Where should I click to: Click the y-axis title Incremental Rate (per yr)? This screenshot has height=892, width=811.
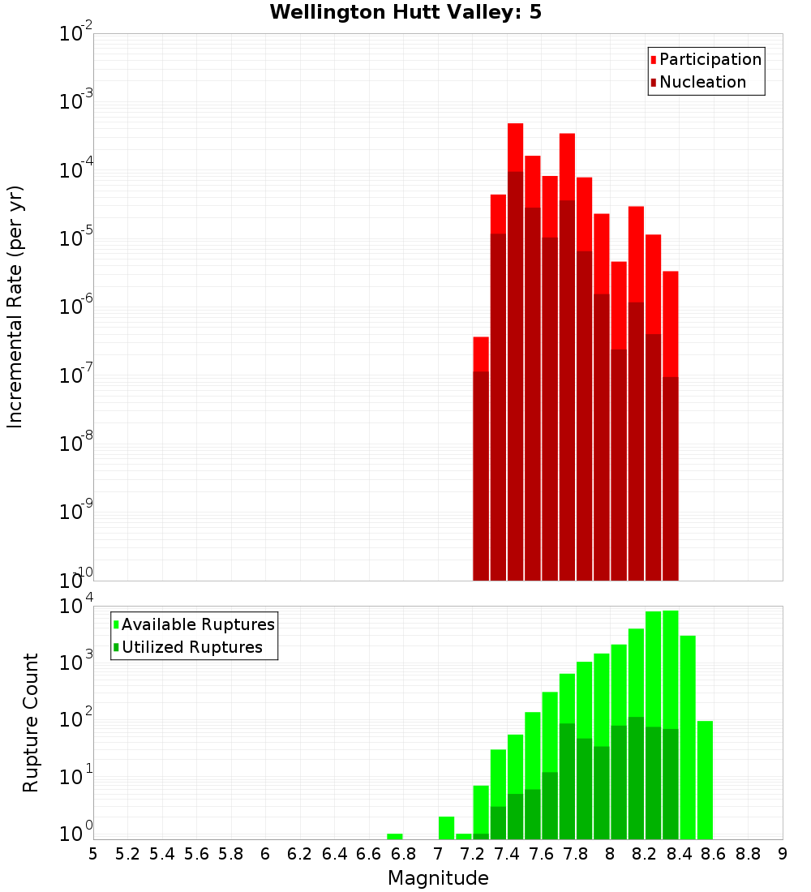(x=15, y=307)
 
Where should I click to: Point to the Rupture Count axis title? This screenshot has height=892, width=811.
(x=31, y=723)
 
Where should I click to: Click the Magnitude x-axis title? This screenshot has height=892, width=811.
(x=438, y=878)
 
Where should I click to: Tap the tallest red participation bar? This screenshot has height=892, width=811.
(x=515, y=146)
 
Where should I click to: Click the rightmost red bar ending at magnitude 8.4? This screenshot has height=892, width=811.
(x=670, y=324)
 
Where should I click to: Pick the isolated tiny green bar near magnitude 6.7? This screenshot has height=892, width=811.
(x=395, y=836)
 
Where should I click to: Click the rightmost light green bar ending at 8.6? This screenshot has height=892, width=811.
(x=705, y=778)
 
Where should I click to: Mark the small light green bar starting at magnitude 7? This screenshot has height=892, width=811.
(x=446, y=828)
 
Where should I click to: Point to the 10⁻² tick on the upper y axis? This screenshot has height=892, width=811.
(x=76, y=34)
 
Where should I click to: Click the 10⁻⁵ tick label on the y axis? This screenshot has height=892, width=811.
(x=76, y=239)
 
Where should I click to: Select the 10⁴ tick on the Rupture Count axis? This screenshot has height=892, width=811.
(x=76, y=607)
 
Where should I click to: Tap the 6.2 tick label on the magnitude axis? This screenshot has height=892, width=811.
(x=300, y=854)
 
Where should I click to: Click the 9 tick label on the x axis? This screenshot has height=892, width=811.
(x=783, y=854)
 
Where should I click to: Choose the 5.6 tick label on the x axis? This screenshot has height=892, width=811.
(x=196, y=854)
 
